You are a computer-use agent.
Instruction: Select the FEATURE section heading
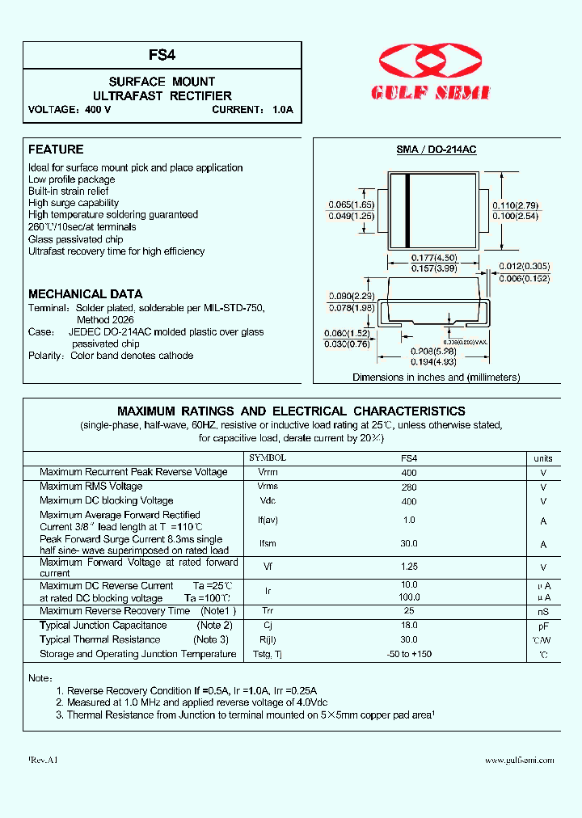pos(56,150)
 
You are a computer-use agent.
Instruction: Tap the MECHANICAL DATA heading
pos(85,294)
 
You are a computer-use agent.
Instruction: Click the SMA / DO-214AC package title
pos(436,150)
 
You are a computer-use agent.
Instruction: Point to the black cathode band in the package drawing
pos(408,210)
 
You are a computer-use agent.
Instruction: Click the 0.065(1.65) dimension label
pos(351,204)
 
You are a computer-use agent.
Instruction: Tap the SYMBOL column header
pos(267,457)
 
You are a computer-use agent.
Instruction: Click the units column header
pos(543,458)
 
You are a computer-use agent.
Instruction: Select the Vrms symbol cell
pos(268,487)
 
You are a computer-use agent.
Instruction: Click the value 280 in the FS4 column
pos(409,487)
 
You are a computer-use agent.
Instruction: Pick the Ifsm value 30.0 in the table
pos(409,545)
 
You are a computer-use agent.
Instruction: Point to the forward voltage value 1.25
pos(409,567)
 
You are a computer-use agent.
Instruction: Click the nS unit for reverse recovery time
pos(543,612)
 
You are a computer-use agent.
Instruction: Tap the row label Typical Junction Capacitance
pos(103,626)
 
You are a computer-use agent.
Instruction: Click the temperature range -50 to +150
pos(409,654)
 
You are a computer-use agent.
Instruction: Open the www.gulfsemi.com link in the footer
pos(519,761)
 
